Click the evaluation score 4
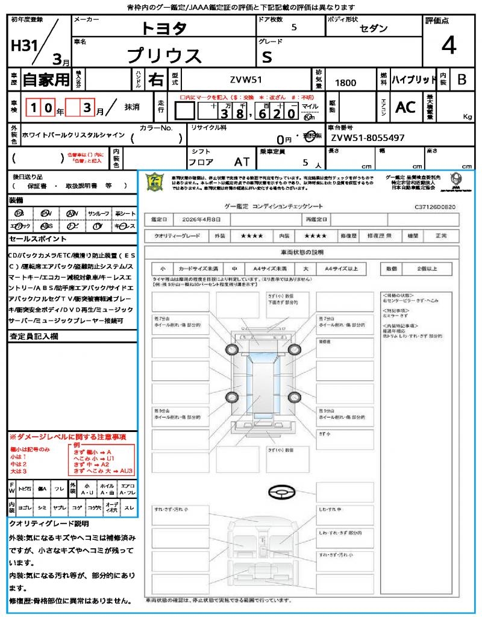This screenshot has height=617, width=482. (448, 46)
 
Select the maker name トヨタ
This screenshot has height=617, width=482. (164, 28)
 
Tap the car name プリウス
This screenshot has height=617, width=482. (164, 55)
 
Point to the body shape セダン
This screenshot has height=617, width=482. (374, 28)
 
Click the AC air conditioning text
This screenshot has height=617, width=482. (405, 107)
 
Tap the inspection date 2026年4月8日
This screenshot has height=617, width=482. (205, 219)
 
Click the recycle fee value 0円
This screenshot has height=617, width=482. (284, 139)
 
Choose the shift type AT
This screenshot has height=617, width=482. (242, 161)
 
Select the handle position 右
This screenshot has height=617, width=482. (155, 80)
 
